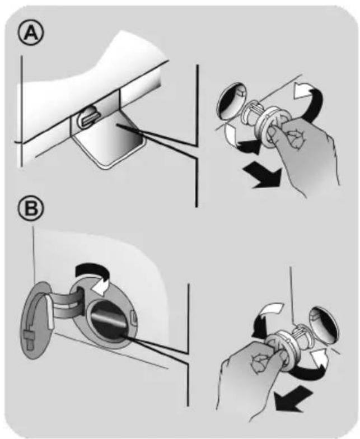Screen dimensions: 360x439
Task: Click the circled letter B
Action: coord(31,209)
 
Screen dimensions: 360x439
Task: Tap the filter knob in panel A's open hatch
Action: coord(88,117)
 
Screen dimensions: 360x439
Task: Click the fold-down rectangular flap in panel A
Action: coord(109,146)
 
